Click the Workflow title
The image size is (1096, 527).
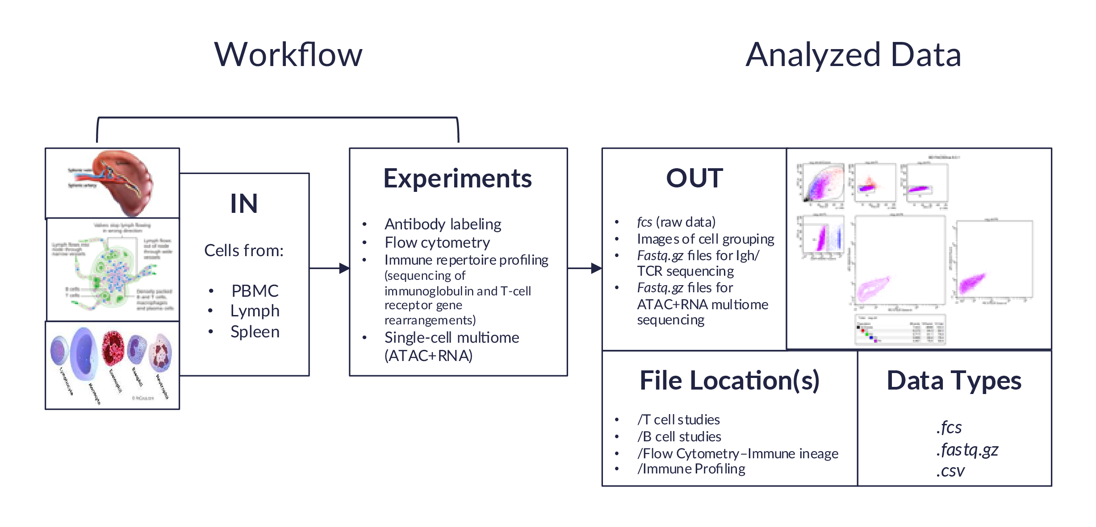point(288,55)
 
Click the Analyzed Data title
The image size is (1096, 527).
point(853,55)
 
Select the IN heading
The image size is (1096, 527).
point(244,203)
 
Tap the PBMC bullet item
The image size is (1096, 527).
point(255,291)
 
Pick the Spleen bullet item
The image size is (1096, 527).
point(255,332)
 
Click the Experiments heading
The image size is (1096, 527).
point(457,178)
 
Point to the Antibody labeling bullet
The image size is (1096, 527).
point(443,224)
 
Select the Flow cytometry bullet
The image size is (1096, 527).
point(437,243)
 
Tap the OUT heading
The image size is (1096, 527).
point(694,178)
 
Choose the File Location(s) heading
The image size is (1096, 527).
point(729,381)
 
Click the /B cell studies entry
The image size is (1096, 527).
point(679,436)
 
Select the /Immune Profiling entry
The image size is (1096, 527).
point(691,469)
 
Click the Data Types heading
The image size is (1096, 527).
point(954,381)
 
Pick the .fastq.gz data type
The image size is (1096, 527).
point(967,450)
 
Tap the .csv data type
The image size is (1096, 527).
point(950,471)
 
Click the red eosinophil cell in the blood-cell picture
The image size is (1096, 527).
point(113,349)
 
